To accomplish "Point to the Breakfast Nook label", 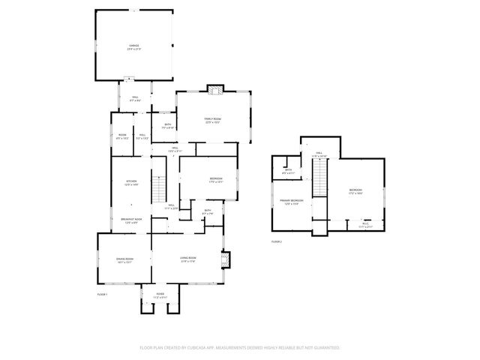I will tap(132, 220).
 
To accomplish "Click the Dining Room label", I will tap(124, 260).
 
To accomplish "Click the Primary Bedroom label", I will tap(291, 202).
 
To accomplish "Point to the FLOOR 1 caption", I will tap(102, 295).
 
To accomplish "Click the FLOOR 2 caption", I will tap(276, 241).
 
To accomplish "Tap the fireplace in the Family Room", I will tap(215, 90).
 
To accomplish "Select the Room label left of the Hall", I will tap(122, 136).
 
